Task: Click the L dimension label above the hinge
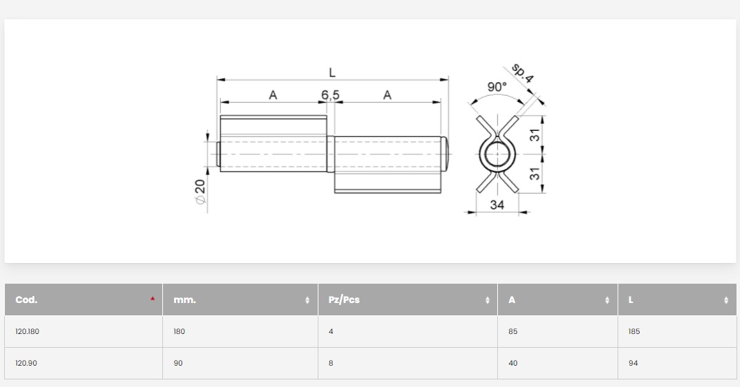pyautogui.click(x=332, y=72)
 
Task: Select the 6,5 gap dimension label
pyautogui.click(x=330, y=95)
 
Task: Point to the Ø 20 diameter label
pyautogui.click(x=200, y=191)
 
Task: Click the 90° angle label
pyautogui.click(x=497, y=87)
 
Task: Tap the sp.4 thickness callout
pyautogui.click(x=523, y=73)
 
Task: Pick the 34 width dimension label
pyautogui.click(x=497, y=205)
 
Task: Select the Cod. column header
pyautogui.click(x=26, y=300)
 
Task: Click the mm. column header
pyautogui.click(x=184, y=300)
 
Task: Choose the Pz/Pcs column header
pyautogui.click(x=344, y=300)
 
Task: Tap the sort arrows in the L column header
pyautogui.click(x=726, y=300)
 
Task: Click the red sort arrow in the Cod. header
pyautogui.click(x=153, y=299)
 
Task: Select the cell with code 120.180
pyautogui.click(x=28, y=331)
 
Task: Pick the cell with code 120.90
pyautogui.click(x=26, y=363)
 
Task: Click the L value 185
pyautogui.click(x=634, y=331)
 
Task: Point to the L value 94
pyautogui.click(x=633, y=363)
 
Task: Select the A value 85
pyautogui.click(x=513, y=331)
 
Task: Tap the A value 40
pyautogui.click(x=513, y=363)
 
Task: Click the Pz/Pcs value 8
pyautogui.click(x=331, y=363)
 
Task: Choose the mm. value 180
pyautogui.click(x=179, y=331)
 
